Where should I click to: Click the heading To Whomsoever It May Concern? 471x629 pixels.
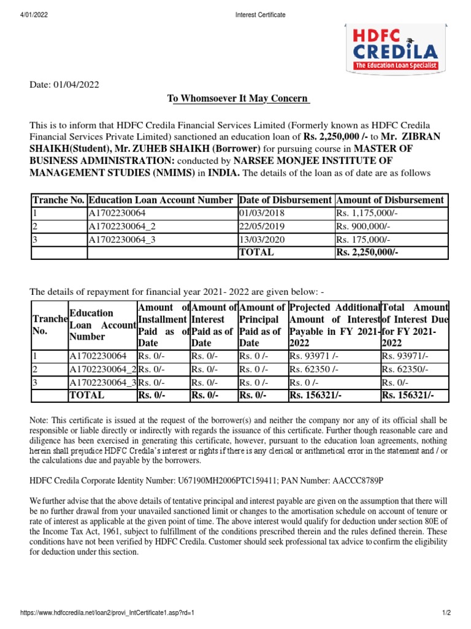click(239, 100)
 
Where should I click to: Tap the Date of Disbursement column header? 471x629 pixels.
click(285, 200)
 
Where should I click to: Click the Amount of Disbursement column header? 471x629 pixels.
click(389, 200)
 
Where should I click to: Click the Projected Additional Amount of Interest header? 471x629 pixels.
click(334, 325)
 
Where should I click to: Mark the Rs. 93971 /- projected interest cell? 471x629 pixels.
click(312, 355)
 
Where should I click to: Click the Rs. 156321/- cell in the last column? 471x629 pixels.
click(405, 396)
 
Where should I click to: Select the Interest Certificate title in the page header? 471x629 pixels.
click(260, 15)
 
